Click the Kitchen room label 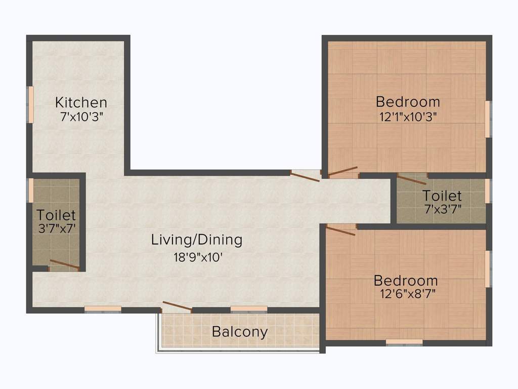pyautogui.click(x=81, y=102)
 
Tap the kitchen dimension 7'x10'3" pyautogui.click(x=82, y=117)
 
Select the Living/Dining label pyautogui.click(x=197, y=240)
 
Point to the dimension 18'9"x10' pyautogui.click(x=198, y=257)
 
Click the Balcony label pyautogui.click(x=240, y=332)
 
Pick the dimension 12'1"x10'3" pyautogui.click(x=408, y=117)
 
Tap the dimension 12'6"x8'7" pyautogui.click(x=408, y=293)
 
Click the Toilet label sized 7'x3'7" pyautogui.click(x=442, y=196)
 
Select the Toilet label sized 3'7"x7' pyautogui.click(x=56, y=215)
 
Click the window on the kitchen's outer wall pyautogui.click(x=30, y=104)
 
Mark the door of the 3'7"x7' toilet pyautogui.click(x=64, y=264)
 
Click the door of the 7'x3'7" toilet pyautogui.click(x=412, y=180)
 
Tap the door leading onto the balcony pyautogui.click(x=177, y=306)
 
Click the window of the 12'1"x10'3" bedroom pyautogui.click(x=488, y=119)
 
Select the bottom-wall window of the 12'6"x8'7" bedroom pyautogui.click(x=404, y=342)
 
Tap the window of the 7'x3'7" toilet pyautogui.click(x=488, y=191)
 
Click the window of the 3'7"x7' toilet pyautogui.click(x=30, y=190)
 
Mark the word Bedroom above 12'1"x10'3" pyautogui.click(x=408, y=102)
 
